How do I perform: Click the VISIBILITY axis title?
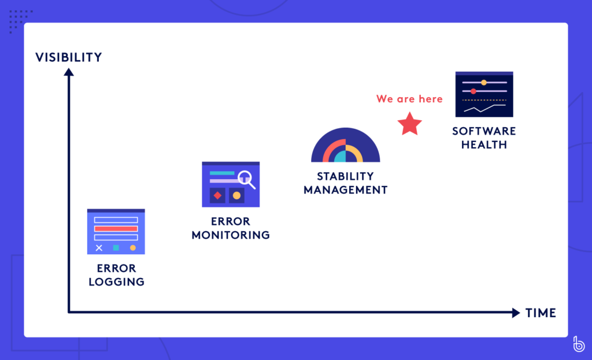(x=69, y=57)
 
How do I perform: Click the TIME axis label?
(x=541, y=313)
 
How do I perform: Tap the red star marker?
(x=410, y=124)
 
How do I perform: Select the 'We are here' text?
(x=409, y=99)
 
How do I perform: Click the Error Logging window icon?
(x=116, y=232)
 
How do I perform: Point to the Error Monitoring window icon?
(x=231, y=184)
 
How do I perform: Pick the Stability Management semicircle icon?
(x=346, y=145)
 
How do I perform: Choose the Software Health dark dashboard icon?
(x=484, y=94)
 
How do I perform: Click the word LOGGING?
(x=117, y=282)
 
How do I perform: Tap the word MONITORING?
(x=231, y=235)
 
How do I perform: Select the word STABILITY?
(x=346, y=176)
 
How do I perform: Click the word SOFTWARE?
(x=484, y=131)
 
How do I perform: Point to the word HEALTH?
(x=484, y=144)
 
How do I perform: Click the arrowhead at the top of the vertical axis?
(x=69, y=72)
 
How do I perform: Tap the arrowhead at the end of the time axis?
(x=516, y=313)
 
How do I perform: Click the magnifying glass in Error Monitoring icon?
(x=247, y=180)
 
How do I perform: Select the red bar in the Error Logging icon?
(x=116, y=229)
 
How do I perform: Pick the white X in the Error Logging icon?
(x=99, y=248)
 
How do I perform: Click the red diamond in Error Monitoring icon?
(x=217, y=195)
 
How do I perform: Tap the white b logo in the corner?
(x=578, y=344)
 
